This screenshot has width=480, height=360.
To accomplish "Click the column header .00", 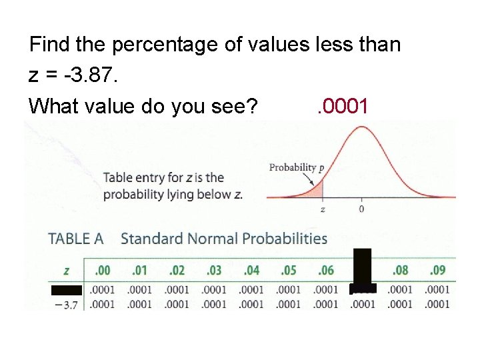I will [103, 271].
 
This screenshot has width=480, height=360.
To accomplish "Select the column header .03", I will [214, 271].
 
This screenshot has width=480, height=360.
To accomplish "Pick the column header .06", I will [326, 271].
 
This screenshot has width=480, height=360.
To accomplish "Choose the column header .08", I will [400, 271].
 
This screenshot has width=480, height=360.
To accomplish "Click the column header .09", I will [437, 271].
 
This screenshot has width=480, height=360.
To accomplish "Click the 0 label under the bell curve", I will [362, 209].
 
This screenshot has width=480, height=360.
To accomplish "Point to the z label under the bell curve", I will [323, 209].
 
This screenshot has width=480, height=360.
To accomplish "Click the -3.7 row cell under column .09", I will [437, 305].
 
